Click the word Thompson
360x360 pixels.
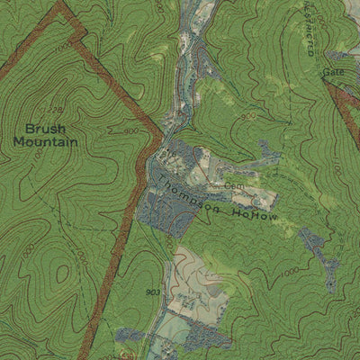[x=191, y=195]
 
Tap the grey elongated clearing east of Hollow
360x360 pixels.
[x=320, y=256]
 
